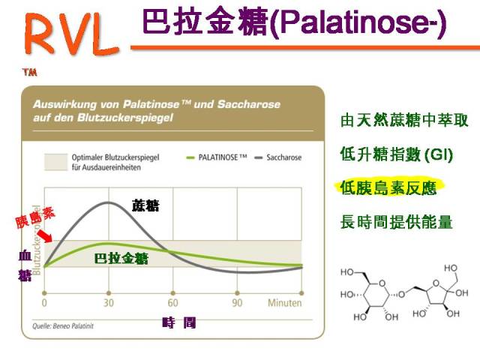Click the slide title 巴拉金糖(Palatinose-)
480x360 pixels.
point(292,24)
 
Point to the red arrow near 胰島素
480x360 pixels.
point(46,236)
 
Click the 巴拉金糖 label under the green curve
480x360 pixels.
point(121,259)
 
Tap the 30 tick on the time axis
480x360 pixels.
point(109,304)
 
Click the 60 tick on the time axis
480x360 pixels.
point(172,304)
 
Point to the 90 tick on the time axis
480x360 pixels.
point(237,304)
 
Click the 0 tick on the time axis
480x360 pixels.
point(44,304)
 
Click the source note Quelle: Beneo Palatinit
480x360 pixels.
point(64,325)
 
